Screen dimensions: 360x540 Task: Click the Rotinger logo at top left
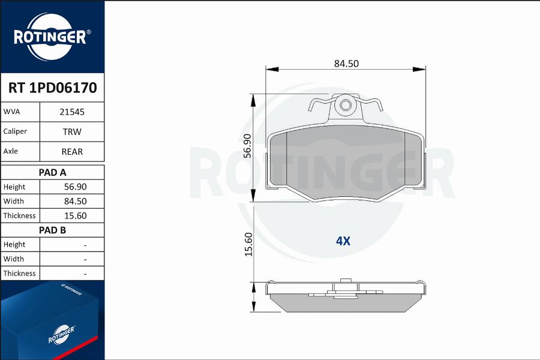(x=52, y=36)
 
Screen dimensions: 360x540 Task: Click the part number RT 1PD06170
(x=52, y=88)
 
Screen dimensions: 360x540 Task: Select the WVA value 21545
(x=71, y=112)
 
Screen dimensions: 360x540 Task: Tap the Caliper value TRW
(x=71, y=131)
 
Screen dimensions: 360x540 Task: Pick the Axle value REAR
(x=71, y=152)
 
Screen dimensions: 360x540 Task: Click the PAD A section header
(x=52, y=172)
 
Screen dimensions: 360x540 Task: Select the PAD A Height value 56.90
(x=76, y=187)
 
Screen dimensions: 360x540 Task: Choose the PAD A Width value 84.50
(x=76, y=201)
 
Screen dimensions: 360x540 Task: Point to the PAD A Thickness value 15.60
(x=76, y=215)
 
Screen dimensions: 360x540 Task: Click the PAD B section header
(x=52, y=230)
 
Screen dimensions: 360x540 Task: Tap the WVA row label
(x=12, y=112)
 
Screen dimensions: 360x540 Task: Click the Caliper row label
(x=15, y=131)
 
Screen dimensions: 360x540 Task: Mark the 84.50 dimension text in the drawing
(x=346, y=64)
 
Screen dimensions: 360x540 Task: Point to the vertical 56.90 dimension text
(x=247, y=146)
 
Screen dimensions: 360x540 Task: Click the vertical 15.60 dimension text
(x=247, y=244)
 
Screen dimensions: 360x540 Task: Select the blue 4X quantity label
(x=343, y=241)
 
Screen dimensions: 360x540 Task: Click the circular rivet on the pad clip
(x=346, y=107)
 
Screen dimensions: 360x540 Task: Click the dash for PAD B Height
(x=85, y=245)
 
